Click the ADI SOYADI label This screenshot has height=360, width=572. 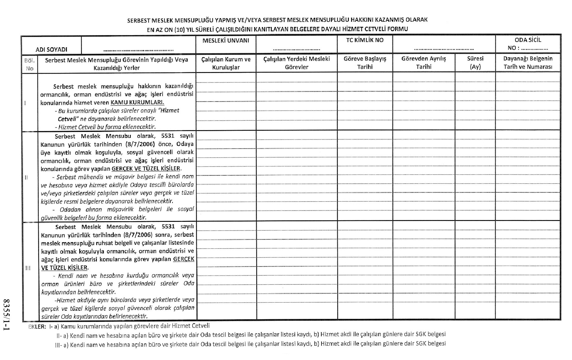click(52, 49)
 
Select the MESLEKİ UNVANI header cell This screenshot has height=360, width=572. click(226, 40)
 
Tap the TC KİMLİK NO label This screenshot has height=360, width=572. click(365, 40)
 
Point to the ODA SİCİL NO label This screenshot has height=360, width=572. click(528, 44)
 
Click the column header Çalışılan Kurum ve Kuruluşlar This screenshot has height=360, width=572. click(226, 63)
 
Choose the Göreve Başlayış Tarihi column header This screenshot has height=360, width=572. click(365, 63)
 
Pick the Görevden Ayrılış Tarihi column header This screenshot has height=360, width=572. click(423, 63)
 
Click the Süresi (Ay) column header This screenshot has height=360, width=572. click(475, 63)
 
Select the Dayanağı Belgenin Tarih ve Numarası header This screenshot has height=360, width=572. click(528, 63)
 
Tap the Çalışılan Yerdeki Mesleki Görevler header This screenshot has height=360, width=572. click(296, 63)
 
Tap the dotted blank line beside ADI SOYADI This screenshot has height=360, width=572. click(138, 50)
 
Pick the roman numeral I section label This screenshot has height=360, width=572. click(25, 103)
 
